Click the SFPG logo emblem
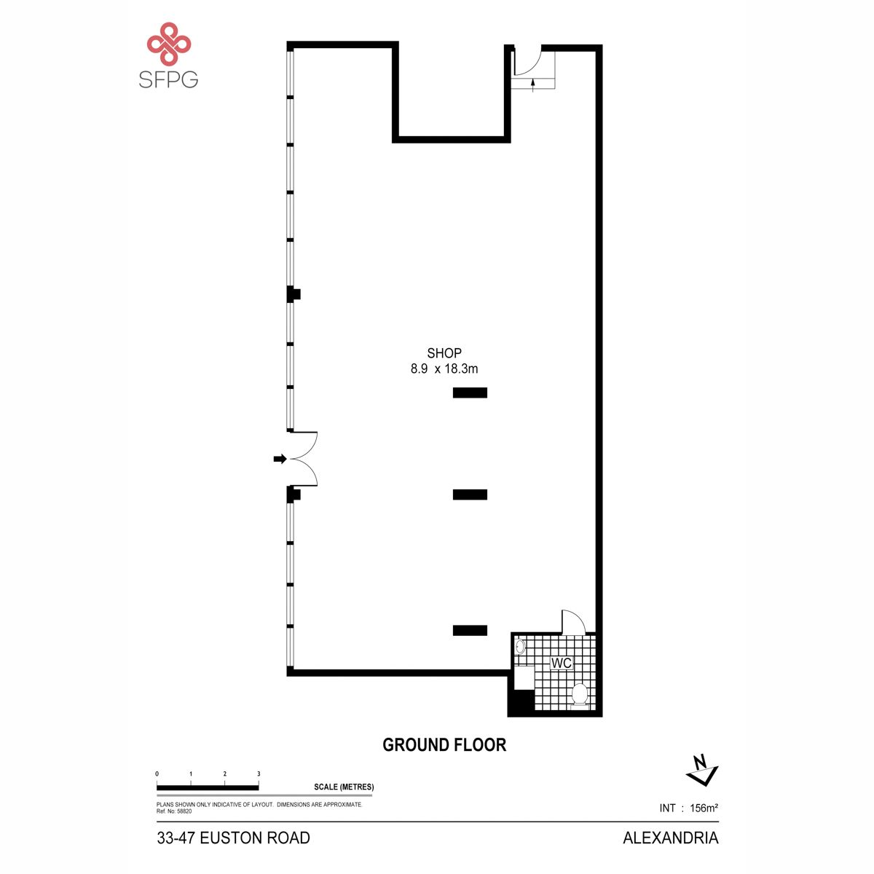pyautogui.click(x=169, y=43)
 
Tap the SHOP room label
pyautogui.click(x=444, y=353)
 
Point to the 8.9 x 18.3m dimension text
pyautogui.click(x=444, y=369)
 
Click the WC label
pyautogui.click(x=561, y=663)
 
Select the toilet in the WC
pyautogui.click(x=580, y=696)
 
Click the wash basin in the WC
pyautogui.click(x=520, y=647)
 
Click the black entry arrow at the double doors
pyautogui.click(x=280, y=459)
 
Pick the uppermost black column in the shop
pyautogui.click(x=470, y=393)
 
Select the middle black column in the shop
pyautogui.click(x=470, y=495)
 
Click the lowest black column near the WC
pyautogui.click(x=470, y=630)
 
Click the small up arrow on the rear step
pyautogui.click(x=533, y=84)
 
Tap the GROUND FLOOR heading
pyautogui.click(x=444, y=745)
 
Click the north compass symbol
pyautogui.click(x=702, y=771)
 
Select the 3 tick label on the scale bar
pyautogui.click(x=259, y=773)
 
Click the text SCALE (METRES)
pyautogui.click(x=344, y=787)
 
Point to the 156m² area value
pyautogui.click(x=704, y=808)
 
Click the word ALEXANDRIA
pyautogui.click(x=670, y=838)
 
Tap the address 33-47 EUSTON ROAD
pyautogui.click(x=234, y=838)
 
